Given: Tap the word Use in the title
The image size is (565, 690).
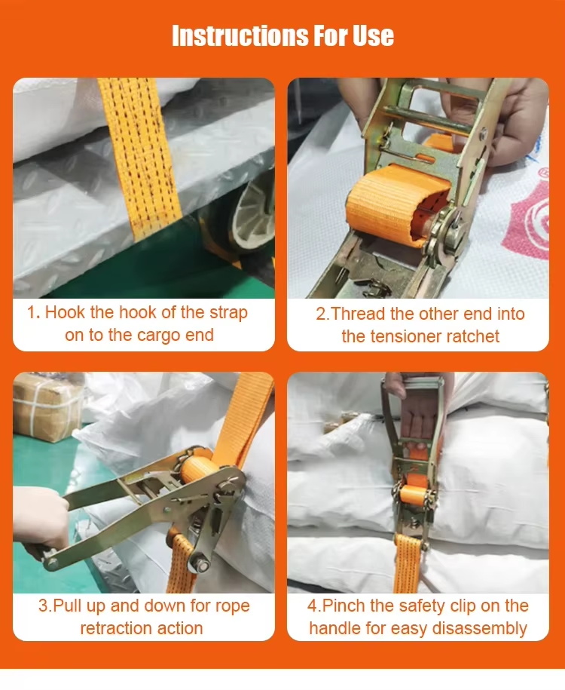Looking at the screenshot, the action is tap(373, 35).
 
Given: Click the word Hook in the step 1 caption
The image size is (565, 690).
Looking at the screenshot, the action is tap(65, 312).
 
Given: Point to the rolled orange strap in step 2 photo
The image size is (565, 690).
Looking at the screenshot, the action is tap(398, 204).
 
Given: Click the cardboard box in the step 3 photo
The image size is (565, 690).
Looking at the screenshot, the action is tap(47, 406).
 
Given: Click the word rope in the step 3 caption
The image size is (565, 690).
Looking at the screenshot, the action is tap(232, 607).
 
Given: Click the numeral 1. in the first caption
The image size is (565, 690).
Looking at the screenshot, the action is tap(34, 312).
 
